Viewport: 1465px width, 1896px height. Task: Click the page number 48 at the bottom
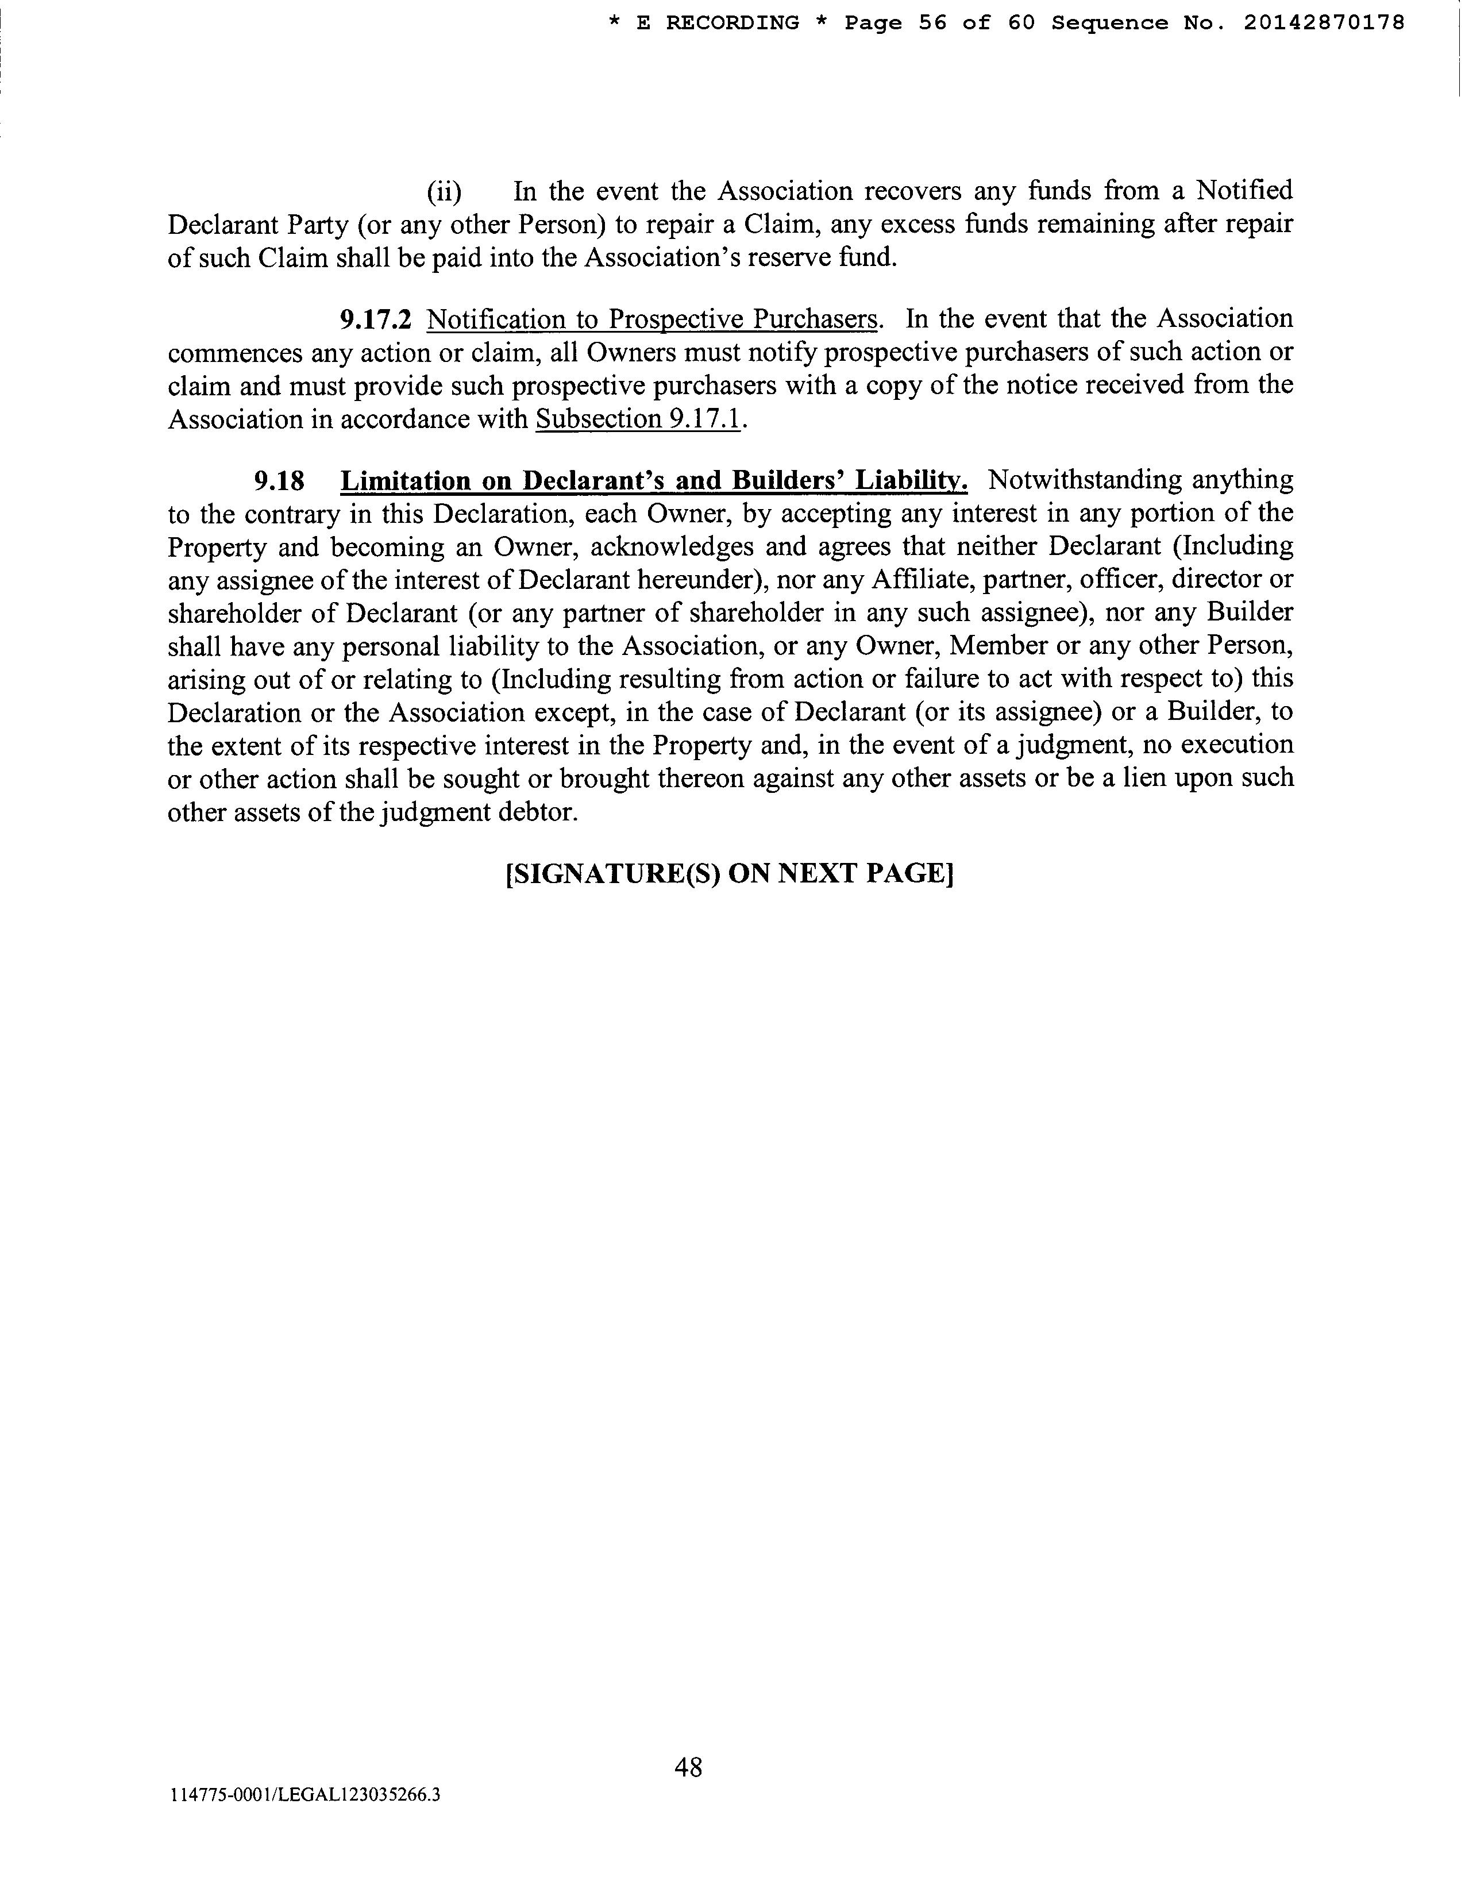click(688, 1766)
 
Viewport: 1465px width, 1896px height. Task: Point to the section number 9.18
click(279, 480)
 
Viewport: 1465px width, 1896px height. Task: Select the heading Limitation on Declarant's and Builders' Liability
click(654, 480)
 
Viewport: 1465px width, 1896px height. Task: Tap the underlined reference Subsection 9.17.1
click(639, 419)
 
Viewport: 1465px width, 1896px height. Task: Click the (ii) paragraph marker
click(444, 191)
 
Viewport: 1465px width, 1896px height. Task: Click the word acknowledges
click(672, 547)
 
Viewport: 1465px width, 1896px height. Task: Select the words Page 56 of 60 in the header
click(940, 24)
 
